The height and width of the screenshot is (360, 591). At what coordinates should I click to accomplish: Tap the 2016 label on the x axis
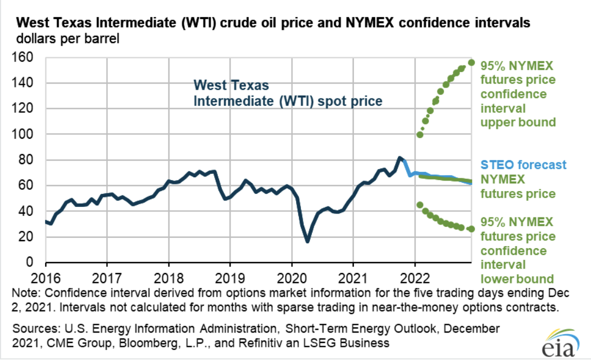click(x=46, y=275)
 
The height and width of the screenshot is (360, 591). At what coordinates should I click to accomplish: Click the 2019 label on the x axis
click(x=230, y=275)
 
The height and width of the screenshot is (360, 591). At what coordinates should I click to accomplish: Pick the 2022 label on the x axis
click(x=413, y=275)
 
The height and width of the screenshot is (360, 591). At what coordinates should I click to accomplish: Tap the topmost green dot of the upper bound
click(x=472, y=62)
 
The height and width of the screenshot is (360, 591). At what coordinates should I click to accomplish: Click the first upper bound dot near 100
click(x=420, y=135)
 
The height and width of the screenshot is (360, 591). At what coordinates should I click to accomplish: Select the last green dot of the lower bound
click(x=472, y=229)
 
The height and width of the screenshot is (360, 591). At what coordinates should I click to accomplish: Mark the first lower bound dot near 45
click(x=420, y=205)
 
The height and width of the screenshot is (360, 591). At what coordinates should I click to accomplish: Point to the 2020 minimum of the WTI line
click(x=307, y=241)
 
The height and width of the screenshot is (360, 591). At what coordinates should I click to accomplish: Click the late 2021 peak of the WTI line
click(x=400, y=158)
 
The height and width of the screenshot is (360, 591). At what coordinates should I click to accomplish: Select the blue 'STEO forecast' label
click(x=523, y=165)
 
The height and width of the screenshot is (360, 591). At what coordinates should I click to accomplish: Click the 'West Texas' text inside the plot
click(x=231, y=86)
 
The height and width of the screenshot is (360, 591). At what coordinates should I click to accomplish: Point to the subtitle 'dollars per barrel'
click(x=69, y=39)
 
